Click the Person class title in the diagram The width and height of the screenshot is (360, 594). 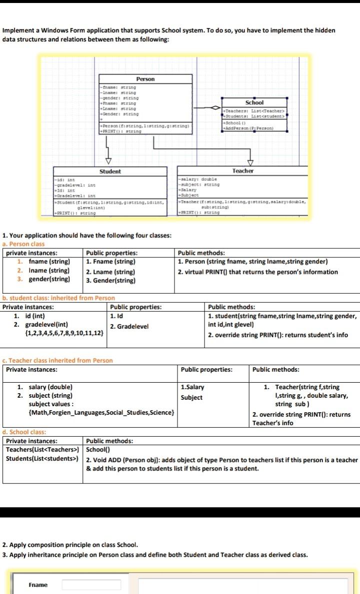(145, 79)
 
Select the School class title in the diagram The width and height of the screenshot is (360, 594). (254, 102)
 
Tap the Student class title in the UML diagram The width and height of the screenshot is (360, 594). (109, 171)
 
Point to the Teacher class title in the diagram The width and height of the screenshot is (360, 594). (243, 171)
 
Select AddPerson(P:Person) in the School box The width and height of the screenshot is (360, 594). (248, 128)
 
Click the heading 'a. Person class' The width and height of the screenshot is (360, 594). (23, 244)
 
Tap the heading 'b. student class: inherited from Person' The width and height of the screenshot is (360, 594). (58, 298)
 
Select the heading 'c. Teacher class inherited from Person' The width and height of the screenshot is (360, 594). (57, 360)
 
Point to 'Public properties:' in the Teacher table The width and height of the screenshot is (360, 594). (206, 370)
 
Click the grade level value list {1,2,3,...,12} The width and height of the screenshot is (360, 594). (64, 333)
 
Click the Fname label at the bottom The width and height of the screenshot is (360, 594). (38, 585)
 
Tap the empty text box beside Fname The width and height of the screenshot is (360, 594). (91, 585)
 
